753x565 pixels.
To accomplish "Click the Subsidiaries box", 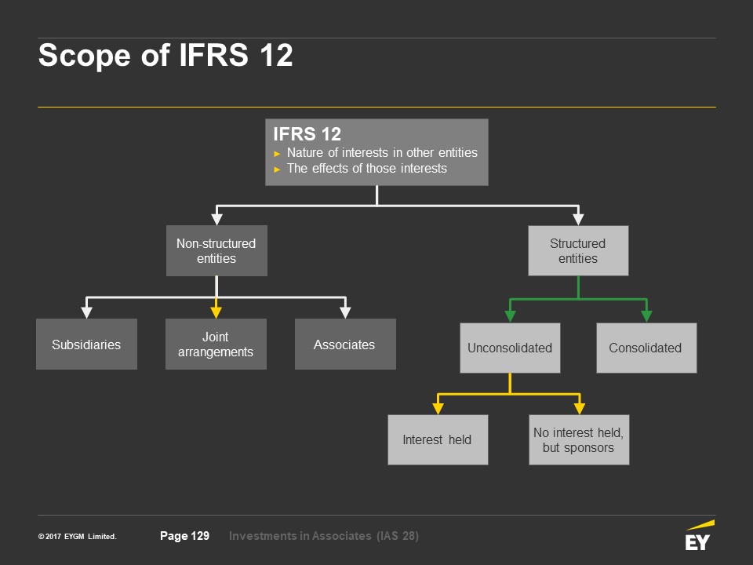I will coord(86,344).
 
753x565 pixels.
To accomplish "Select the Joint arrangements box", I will coord(216,344).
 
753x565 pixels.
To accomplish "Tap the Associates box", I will coord(344,344).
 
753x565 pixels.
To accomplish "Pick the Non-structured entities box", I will coord(216,251).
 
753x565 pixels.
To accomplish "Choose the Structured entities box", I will coord(578,251).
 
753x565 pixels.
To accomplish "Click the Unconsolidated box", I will coord(510,348).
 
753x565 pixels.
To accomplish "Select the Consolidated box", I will coord(646,348).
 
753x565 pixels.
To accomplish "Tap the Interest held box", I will coord(437,439).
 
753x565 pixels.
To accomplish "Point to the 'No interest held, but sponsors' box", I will coord(578,439).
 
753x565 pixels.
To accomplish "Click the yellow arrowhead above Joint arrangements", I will coord(216,312).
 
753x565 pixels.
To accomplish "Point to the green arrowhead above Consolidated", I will coord(646,316).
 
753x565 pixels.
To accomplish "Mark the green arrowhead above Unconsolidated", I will coord(510,316).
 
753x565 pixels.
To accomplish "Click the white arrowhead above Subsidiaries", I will coord(86,312).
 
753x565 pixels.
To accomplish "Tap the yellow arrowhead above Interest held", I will coord(438,408).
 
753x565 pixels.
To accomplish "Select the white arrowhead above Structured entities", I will coord(578,219).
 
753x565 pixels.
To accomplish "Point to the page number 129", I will coord(184,536).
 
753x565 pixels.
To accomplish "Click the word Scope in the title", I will coord(82,56).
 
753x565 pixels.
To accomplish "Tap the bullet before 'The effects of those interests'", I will coord(277,169).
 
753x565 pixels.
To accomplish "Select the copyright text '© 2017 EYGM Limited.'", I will coord(77,537).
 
